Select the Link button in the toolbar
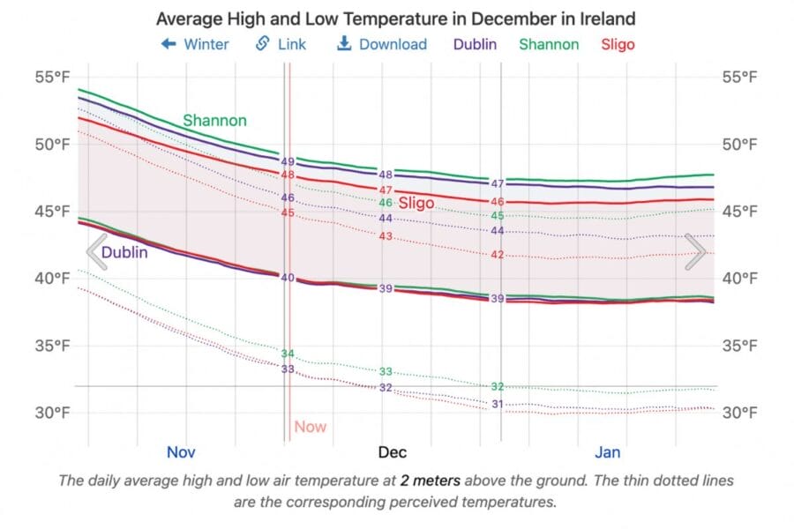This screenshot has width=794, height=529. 281,44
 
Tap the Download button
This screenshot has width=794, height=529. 382,44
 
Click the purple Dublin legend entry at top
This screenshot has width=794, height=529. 475,44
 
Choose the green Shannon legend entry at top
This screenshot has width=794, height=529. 549,44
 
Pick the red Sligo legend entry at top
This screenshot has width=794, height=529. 618,44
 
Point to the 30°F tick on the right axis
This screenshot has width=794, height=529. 739,413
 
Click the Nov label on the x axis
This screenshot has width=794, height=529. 181,452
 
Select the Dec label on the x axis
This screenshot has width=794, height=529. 393,452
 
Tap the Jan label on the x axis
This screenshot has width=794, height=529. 607,452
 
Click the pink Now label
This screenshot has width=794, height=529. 310,427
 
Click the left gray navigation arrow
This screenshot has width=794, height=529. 96,252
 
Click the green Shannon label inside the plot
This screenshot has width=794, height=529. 214,121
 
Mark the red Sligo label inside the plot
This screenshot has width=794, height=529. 416,204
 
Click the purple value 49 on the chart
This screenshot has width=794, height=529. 288,162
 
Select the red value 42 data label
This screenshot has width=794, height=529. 497,255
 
